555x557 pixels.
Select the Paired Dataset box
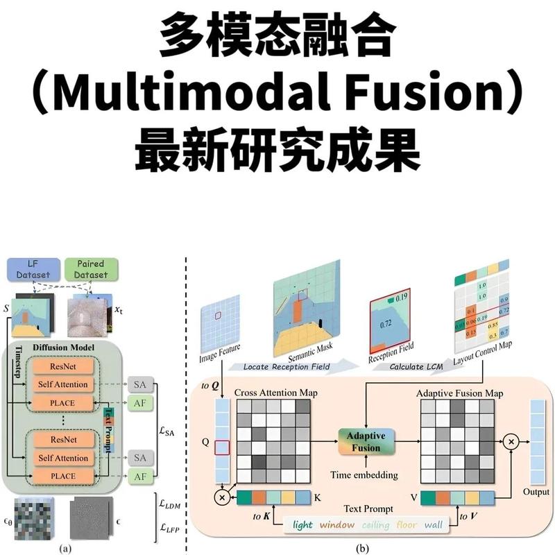click(x=92, y=269)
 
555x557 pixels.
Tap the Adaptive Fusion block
click(x=366, y=442)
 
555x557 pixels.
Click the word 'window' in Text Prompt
click(x=337, y=525)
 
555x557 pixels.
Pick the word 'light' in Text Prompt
click(x=302, y=525)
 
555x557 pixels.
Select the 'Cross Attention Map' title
click(x=276, y=393)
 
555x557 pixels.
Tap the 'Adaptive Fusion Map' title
click(x=459, y=393)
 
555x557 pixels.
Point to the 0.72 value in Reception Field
click(x=384, y=323)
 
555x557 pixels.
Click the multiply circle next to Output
click(x=511, y=441)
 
